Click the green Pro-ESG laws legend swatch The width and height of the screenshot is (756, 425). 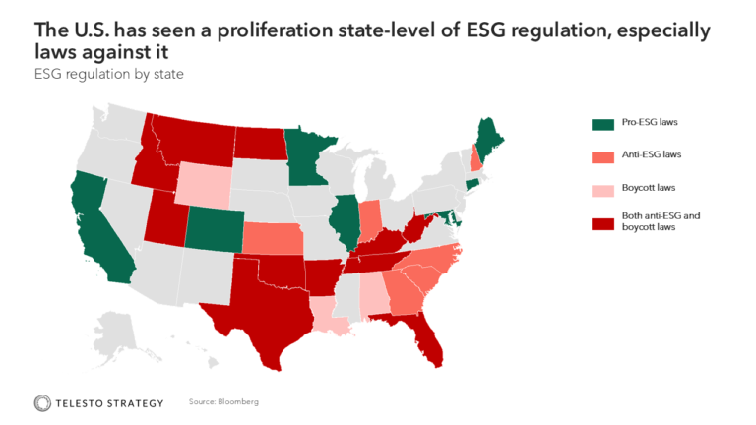pos(602,124)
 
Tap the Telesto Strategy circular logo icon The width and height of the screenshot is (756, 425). pos(42,402)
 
